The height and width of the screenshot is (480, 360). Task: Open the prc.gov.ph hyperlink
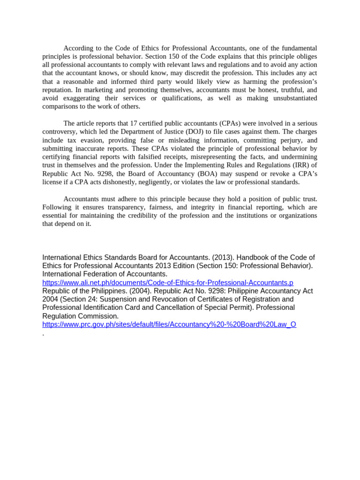(169, 324)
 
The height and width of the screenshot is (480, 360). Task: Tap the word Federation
(97, 274)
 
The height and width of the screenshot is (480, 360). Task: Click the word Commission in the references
(96, 316)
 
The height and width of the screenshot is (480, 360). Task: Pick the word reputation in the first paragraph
(57, 90)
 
